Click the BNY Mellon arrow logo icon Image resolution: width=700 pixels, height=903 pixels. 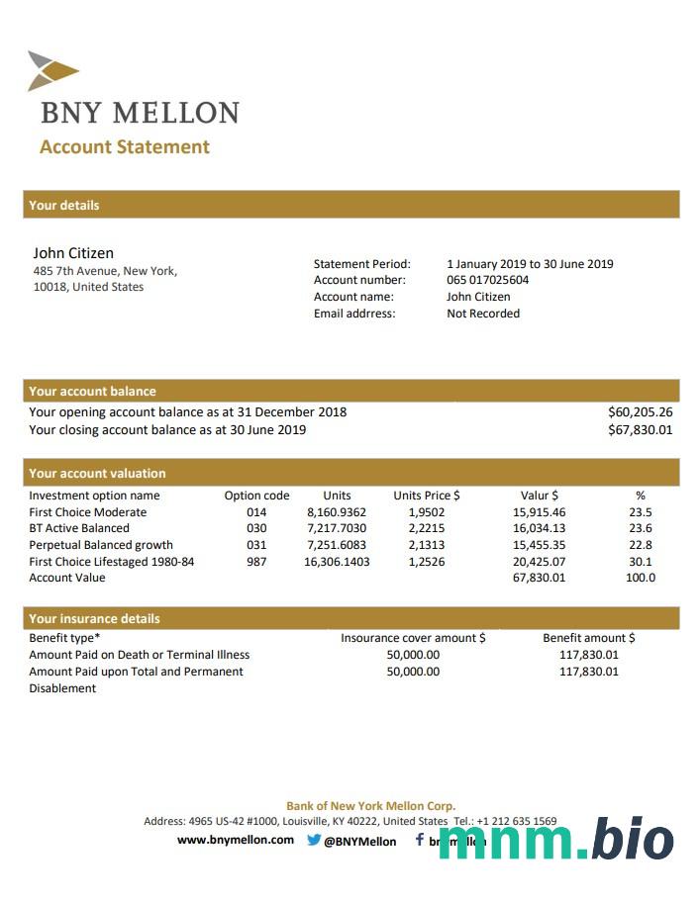coord(52,70)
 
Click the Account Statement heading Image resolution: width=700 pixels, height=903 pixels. coord(125,147)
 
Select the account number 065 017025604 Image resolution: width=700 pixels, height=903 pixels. coord(487,280)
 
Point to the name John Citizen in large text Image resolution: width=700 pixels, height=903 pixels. coord(73,253)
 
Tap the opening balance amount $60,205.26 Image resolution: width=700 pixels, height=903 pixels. coord(640,412)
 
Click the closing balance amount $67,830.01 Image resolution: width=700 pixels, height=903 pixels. coord(640,430)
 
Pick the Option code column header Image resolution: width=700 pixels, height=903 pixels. coord(256,496)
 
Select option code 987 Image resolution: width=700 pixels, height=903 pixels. coord(256,562)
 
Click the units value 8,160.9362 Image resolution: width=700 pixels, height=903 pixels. coord(337,512)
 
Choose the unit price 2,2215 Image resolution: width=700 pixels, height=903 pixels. coord(426,529)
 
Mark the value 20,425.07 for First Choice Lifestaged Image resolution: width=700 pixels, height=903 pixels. coord(540,562)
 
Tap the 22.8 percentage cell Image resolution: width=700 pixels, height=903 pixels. coord(641,545)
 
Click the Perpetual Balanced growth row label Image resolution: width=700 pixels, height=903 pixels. coord(101,545)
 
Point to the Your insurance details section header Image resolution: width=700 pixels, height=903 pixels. coord(94,619)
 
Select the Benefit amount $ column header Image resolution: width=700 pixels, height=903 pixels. coord(589,638)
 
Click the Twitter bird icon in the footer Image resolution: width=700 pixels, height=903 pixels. coord(314,841)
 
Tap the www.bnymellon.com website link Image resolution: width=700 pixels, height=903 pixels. coord(236,840)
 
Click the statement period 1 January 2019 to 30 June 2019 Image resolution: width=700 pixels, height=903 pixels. coord(530,264)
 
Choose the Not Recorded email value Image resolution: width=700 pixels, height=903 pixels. coord(483,314)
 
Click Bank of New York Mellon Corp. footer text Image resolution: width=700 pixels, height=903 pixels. coord(370,806)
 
